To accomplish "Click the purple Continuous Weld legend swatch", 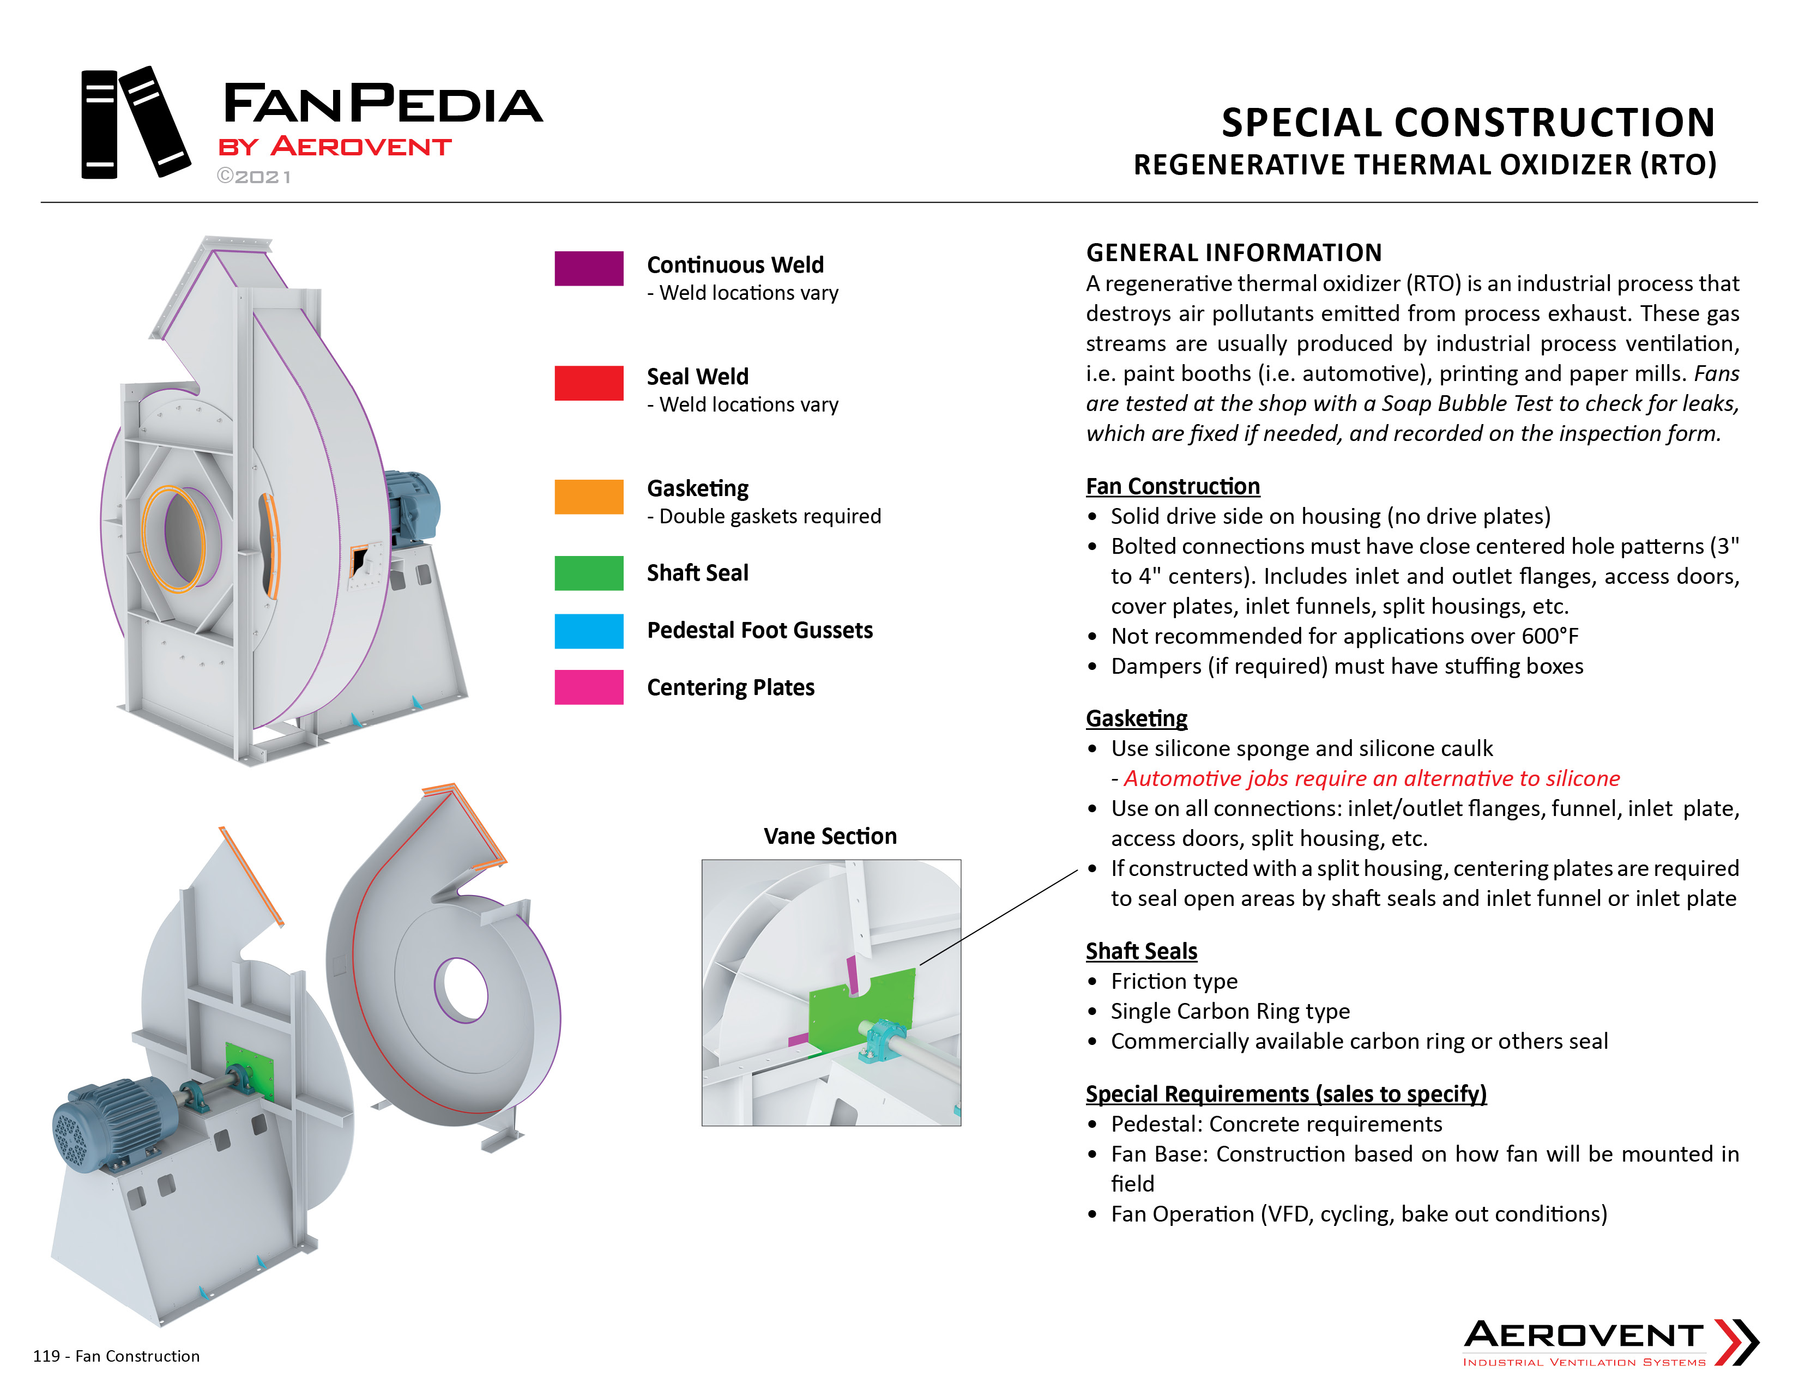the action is point(588,268).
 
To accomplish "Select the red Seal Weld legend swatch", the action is point(588,383).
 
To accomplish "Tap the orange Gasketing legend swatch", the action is point(588,497).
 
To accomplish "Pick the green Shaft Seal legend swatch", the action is point(588,573).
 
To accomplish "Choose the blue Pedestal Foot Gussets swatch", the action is point(588,631).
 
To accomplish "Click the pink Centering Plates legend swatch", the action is point(588,687).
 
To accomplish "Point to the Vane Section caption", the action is point(830,836).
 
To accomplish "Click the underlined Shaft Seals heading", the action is point(1142,951).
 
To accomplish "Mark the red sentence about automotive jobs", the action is point(1372,778).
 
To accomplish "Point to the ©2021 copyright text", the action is point(253,176).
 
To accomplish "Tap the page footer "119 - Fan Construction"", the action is point(116,1356).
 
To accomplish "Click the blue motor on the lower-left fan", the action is point(116,1122).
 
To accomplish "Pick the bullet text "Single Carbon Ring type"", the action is point(1230,1011).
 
